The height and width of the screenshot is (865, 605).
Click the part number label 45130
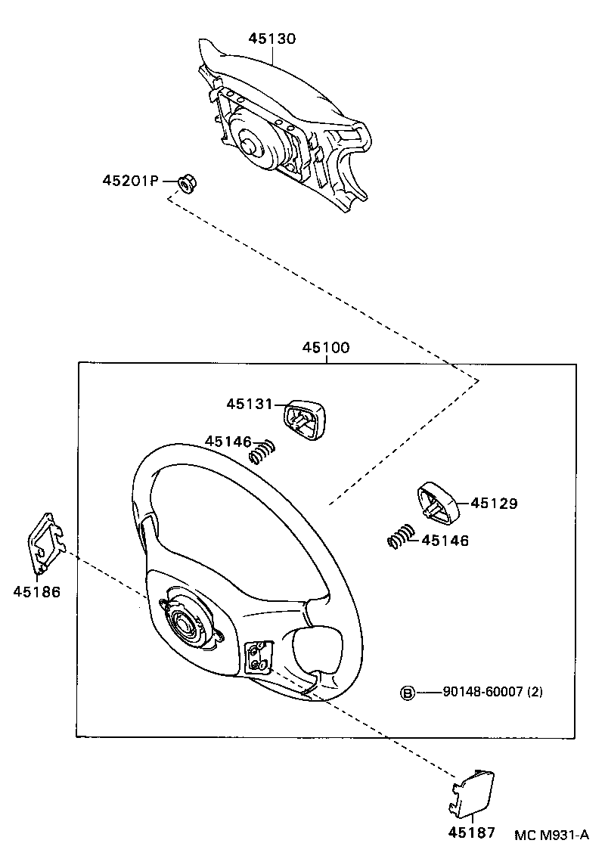pos(273,38)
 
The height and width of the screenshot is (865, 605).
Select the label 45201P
pos(130,181)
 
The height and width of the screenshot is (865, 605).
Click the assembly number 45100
pos(326,348)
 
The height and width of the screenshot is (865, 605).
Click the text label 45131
pos(248,405)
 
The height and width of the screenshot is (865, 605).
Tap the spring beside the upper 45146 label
pos(261,452)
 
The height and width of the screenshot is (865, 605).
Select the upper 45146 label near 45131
pos(227,441)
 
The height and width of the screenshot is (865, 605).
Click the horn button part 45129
pos(437,501)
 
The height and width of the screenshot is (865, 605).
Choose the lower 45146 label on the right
pos(445,541)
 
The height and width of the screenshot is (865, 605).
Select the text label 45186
pos(36,591)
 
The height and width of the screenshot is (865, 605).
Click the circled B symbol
pos(407,692)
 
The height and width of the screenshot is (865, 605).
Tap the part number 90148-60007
pos(482,692)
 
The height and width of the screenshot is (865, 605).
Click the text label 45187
pos(471,832)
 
